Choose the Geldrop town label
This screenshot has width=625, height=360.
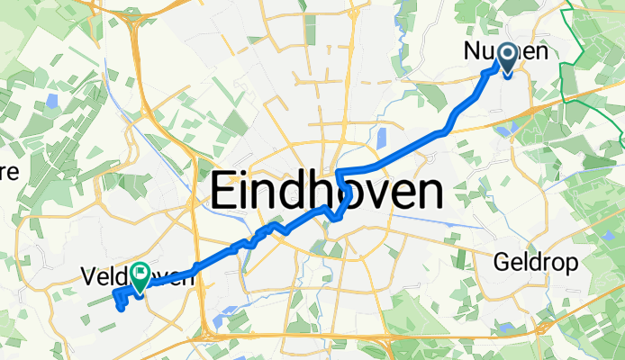(531, 261)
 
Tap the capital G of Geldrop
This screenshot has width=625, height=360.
(501, 261)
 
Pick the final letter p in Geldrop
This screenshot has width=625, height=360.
(562, 264)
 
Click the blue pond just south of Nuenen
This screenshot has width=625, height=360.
(502, 129)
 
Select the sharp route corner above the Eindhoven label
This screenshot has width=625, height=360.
(337, 170)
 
